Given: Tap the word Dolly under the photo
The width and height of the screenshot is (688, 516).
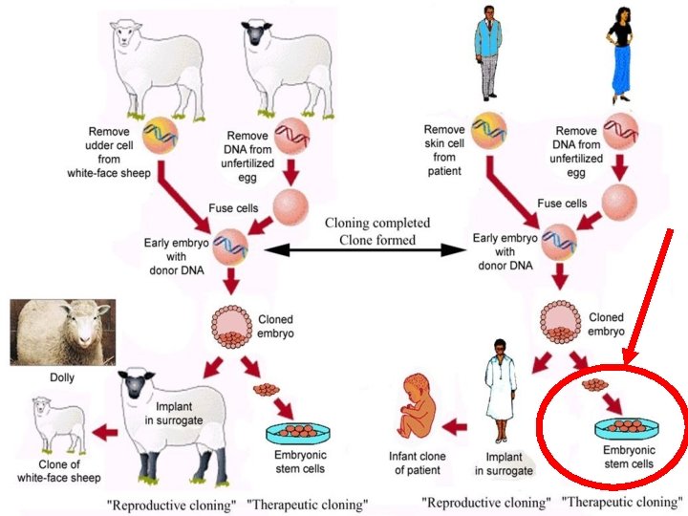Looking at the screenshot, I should pyautogui.click(x=61, y=377).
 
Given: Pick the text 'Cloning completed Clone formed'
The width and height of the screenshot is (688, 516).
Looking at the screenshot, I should pyautogui.click(x=377, y=231).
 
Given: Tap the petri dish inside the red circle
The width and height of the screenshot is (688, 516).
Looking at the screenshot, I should pyautogui.click(x=629, y=426).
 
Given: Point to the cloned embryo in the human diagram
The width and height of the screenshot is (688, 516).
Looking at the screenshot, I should pyautogui.click(x=560, y=324).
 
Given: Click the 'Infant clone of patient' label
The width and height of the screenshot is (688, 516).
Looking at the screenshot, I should pyautogui.click(x=420, y=462).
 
